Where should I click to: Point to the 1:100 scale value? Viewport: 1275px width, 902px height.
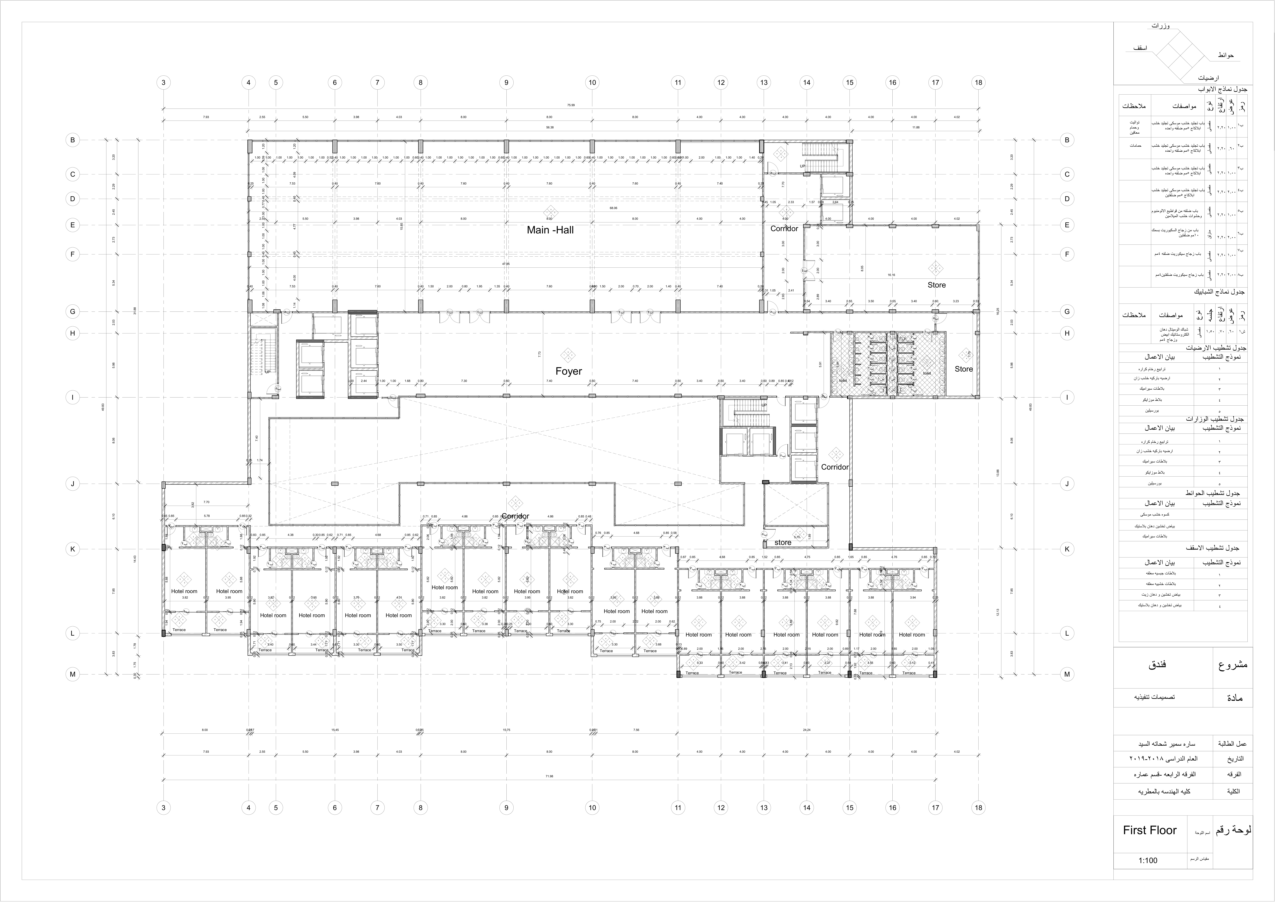[1148, 860]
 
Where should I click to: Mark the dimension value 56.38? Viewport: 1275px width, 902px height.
[549, 127]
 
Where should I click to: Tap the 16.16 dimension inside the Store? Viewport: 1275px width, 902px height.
[891, 274]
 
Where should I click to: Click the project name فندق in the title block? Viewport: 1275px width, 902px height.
[1157, 664]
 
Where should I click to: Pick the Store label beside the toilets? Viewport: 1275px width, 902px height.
[964, 369]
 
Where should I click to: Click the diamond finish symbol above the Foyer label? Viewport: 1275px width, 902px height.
[567, 354]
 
